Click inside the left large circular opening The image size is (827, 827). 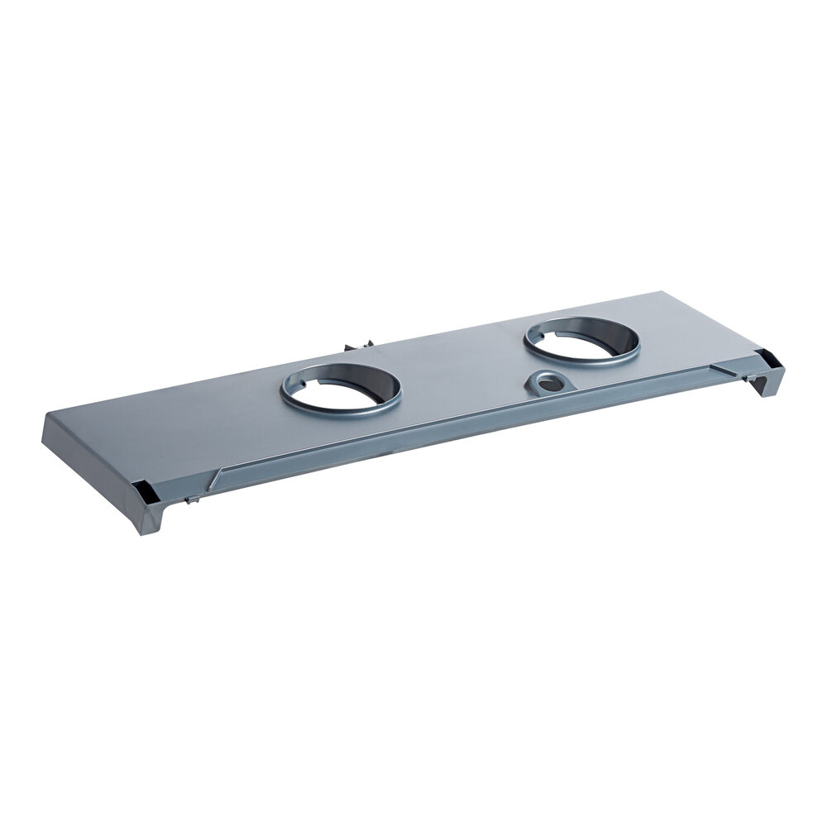pyautogui.click(x=341, y=388)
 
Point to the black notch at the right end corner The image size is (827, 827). pyautogui.click(x=767, y=358)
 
